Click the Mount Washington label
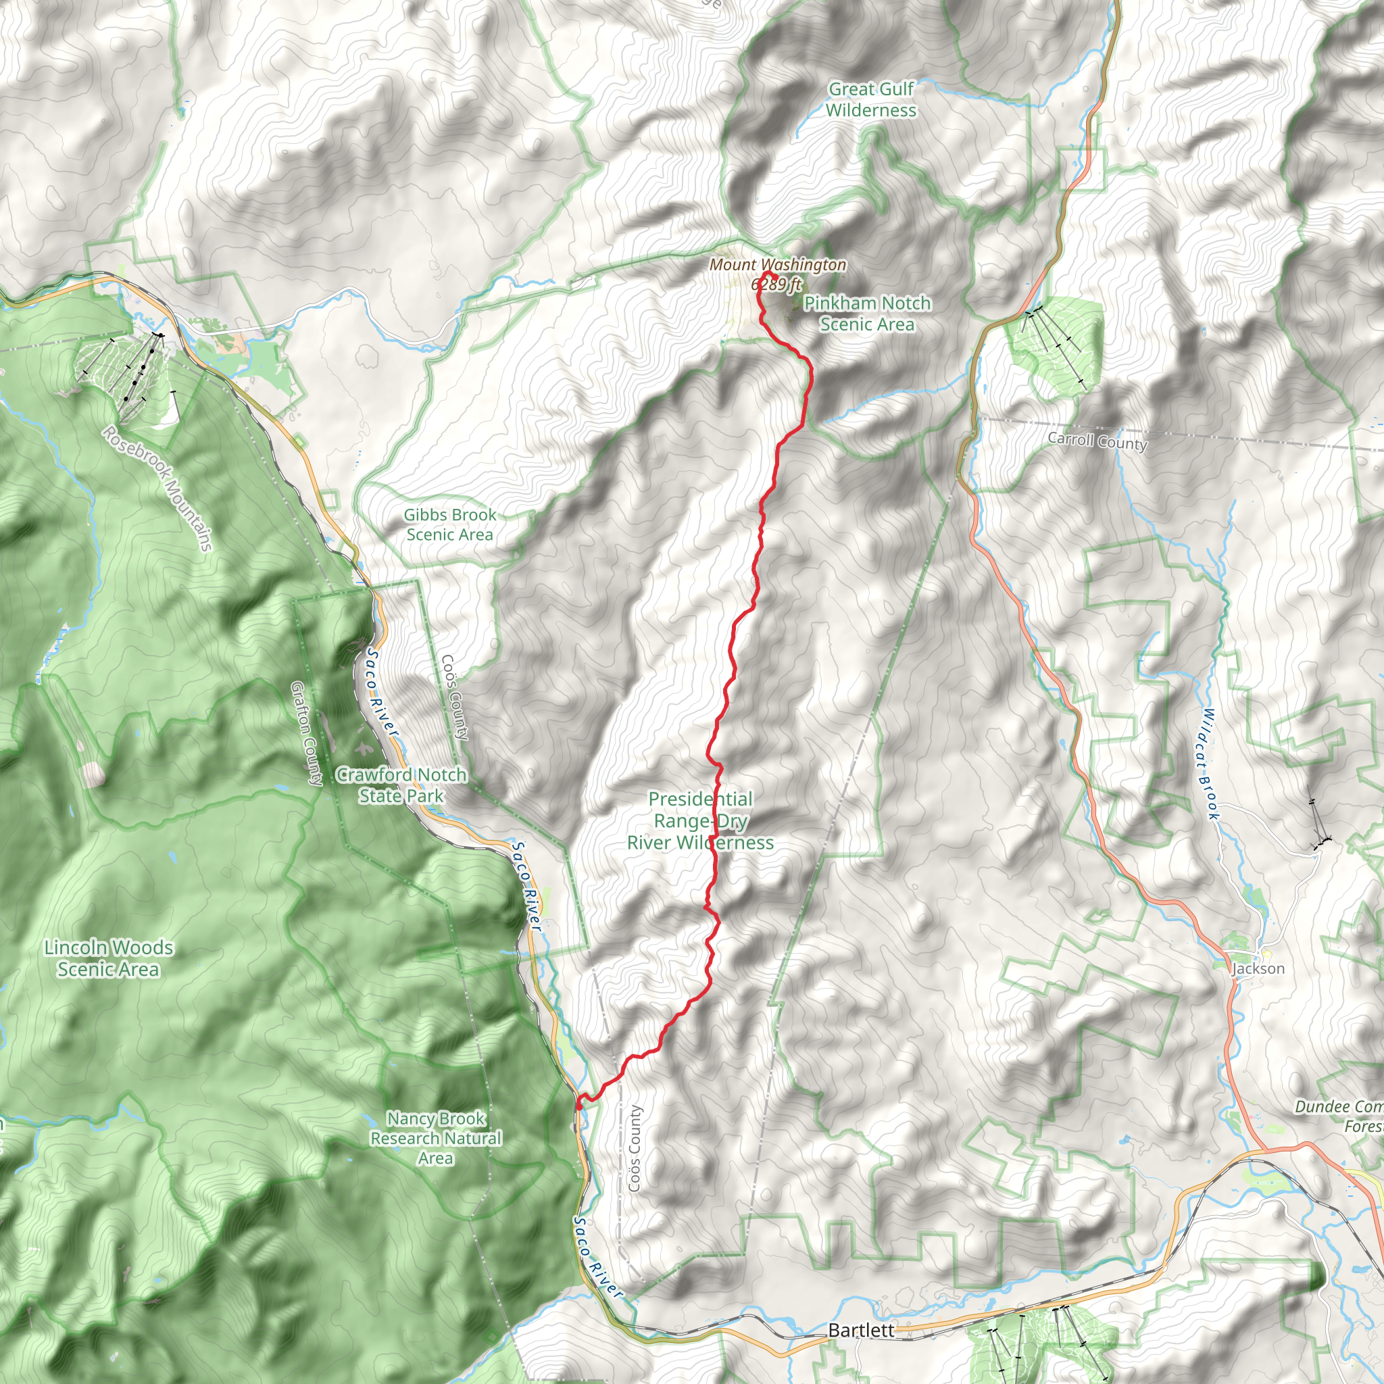(777, 265)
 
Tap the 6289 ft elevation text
(776, 285)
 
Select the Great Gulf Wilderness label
(870, 99)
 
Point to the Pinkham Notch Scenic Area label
(867, 314)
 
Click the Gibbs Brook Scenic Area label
(450, 524)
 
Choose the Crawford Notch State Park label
(401, 785)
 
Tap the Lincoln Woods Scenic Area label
(108, 958)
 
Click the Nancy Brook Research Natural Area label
(436, 1138)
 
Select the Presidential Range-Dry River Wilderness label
(701, 821)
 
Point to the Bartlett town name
(861, 1330)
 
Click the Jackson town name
(1258, 969)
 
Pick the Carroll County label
(1097, 441)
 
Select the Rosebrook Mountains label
(157, 489)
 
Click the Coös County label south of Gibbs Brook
(455, 696)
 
